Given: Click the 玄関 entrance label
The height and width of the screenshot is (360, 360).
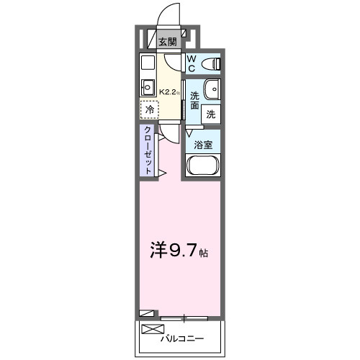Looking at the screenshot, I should coord(168,42).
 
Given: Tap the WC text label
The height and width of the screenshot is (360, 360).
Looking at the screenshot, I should coord(192,63).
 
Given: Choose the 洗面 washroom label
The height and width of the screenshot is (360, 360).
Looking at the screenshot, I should coord(194,100).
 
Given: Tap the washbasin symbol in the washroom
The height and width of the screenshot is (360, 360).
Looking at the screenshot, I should coord(212,89).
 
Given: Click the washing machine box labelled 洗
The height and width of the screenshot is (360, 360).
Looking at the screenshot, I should coord(211,113).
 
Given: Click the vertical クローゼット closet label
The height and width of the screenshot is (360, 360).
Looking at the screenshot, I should coord(148,149).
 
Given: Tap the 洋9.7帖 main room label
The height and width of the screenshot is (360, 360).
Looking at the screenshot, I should coord(179,251).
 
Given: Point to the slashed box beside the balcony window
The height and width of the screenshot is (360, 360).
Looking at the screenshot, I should coord(146,313).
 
